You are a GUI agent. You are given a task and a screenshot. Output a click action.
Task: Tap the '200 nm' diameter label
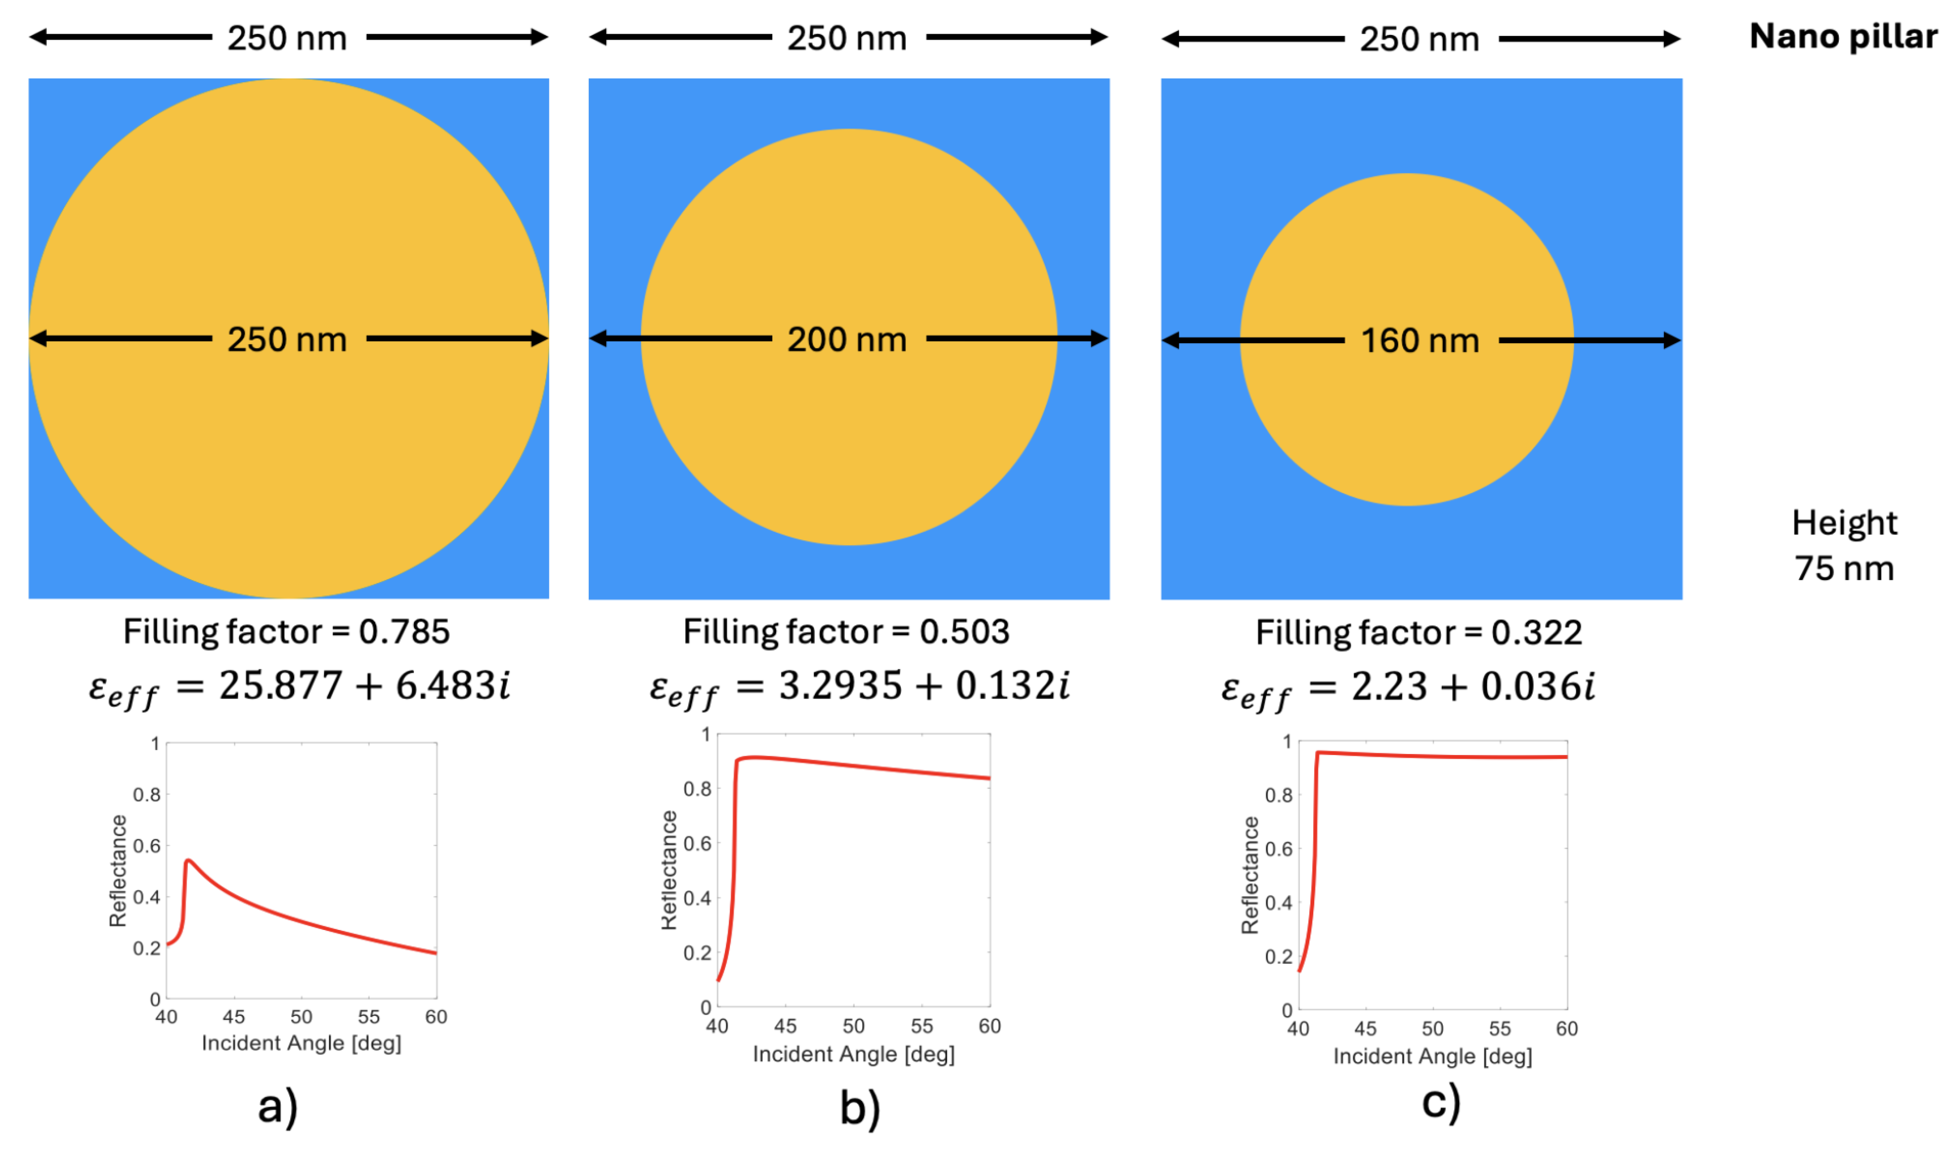pos(848,340)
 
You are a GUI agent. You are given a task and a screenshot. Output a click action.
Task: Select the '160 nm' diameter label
pos(1420,342)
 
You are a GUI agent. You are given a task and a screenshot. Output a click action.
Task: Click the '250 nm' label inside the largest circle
pos(287,340)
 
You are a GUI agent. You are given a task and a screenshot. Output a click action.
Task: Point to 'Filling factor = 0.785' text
pos(286,632)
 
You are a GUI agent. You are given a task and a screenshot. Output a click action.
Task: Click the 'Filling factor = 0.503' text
pos(847,632)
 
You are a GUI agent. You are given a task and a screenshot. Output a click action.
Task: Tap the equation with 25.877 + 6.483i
pos(300,686)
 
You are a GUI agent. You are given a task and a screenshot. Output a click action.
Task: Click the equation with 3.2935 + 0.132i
pos(859,686)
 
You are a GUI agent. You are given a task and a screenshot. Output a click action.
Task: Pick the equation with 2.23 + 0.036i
pos(1409,688)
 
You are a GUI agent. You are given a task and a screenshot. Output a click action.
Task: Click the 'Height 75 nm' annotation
pos(1844,545)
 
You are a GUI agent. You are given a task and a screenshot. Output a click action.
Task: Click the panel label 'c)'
pos(1441,1103)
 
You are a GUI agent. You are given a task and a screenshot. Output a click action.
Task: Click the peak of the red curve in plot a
pos(188,861)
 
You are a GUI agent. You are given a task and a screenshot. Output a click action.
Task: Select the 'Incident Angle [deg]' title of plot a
pos(301,1044)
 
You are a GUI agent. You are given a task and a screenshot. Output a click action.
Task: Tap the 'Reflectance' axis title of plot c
pos(1249,875)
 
